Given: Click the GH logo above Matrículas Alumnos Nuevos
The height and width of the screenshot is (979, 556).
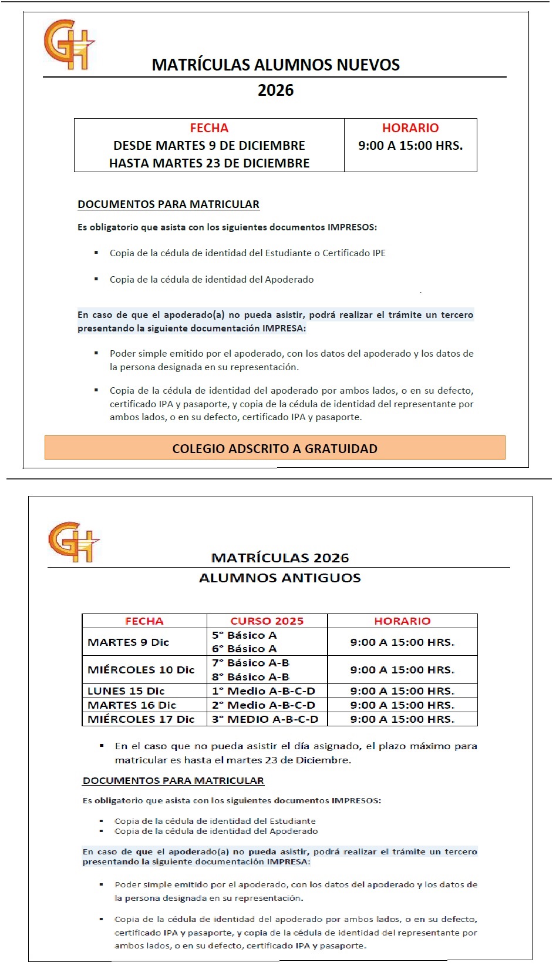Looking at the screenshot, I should [x=68, y=45].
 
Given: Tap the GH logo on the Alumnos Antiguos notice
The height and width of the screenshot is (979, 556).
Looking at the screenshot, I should [x=73, y=542].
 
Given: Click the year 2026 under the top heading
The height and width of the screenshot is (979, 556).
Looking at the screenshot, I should [x=275, y=90].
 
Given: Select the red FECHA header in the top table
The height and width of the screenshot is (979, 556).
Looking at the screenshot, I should [x=209, y=128].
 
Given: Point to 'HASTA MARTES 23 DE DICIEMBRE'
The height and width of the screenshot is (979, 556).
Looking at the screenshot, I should [x=209, y=163].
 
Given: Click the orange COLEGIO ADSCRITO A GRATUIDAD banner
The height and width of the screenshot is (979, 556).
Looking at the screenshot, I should [x=275, y=448].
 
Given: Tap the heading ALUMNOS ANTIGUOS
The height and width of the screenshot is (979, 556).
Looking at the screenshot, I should [x=279, y=578].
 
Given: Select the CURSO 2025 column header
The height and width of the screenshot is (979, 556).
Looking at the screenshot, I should [x=267, y=621].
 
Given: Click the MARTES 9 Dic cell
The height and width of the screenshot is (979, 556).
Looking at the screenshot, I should [x=129, y=642].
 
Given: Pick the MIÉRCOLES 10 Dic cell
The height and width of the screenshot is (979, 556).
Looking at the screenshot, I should [x=141, y=670].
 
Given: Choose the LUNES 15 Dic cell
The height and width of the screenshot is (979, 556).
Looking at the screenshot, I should [x=126, y=691].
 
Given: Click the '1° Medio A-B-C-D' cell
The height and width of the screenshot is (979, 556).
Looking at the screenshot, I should [x=264, y=691].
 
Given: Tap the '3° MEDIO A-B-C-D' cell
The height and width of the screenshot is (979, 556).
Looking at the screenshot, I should [x=265, y=719].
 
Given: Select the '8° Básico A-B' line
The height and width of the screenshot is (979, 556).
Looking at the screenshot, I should [x=251, y=677].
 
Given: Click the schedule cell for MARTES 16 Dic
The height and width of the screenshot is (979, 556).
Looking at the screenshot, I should [x=402, y=705].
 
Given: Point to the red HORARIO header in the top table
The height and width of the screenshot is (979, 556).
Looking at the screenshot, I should [x=410, y=128].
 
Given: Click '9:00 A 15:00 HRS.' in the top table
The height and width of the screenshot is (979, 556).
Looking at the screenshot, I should [x=410, y=146].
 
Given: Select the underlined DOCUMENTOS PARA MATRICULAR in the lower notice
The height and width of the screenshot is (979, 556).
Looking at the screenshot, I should [x=173, y=780].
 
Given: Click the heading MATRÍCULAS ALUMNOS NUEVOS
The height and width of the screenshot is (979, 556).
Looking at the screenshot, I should [x=275, y=65].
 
